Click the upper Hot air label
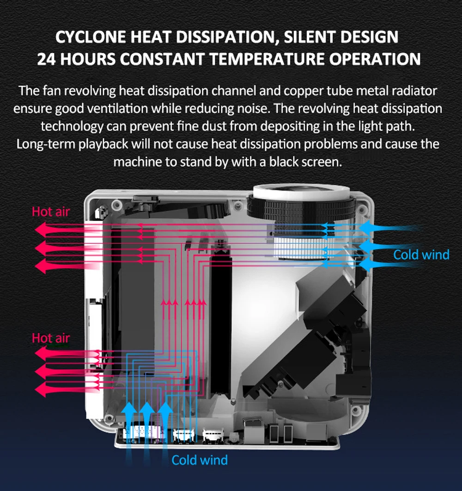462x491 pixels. (50, 212)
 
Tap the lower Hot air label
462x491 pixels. (50, 338)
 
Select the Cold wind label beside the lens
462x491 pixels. (421, 255)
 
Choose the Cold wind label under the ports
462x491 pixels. (199, 460)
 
